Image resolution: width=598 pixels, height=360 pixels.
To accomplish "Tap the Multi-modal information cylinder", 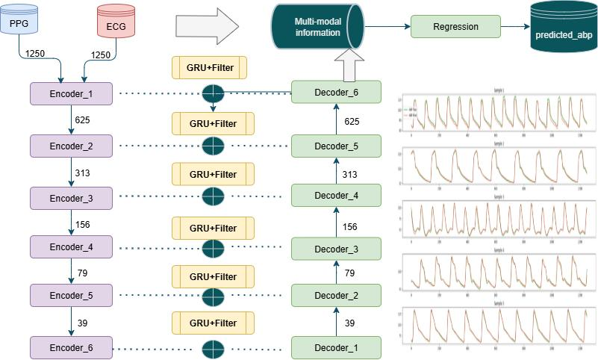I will (x=317, y=28).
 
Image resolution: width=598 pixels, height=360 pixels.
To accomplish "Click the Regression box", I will (x=455, y=27).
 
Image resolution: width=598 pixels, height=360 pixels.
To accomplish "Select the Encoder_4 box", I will (x=71, y=246).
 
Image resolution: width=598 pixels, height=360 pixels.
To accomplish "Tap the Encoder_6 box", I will (x=71, y=347).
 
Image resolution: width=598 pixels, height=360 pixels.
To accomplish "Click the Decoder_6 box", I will (x=336, y=92).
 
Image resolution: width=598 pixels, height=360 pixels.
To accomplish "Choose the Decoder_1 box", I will (x=336, y=347).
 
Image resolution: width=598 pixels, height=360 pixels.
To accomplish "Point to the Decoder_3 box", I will (x=336, y=248).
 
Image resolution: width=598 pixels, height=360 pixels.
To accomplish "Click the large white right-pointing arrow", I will (x=206, y=28).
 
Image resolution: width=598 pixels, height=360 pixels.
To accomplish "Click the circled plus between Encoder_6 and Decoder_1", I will (x=214, y=348).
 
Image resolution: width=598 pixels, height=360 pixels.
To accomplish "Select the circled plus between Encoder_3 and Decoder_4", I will (x=214, y=196).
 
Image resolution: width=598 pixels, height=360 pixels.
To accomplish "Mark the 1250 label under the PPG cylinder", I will (x=35, y=55).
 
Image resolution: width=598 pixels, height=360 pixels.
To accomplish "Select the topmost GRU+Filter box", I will (x=209, y=67).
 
